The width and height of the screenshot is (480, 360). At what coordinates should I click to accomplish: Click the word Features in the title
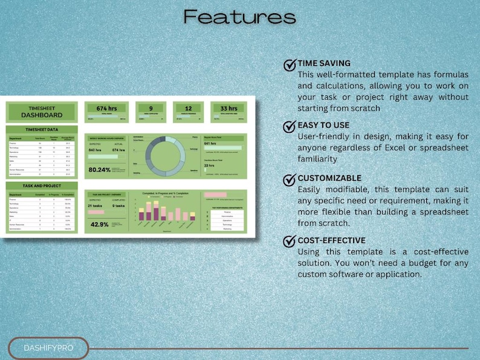coord(240,17)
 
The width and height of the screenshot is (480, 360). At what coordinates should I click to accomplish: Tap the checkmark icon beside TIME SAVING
coord(290,64)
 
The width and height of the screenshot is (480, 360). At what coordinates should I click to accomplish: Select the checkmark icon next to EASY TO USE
coord(290,126)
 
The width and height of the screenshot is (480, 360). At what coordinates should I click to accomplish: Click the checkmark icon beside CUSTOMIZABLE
coord(290,179)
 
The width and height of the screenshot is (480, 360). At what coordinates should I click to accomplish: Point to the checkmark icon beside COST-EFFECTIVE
coord(290,242)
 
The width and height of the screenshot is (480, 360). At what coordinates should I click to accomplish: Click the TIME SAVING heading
coord(324,63)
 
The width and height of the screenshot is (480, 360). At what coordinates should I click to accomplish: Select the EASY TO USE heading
coord(323,126)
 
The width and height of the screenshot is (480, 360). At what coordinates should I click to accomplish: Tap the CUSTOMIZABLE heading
coord(329,179)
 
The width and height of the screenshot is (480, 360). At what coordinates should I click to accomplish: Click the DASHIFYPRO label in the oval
coord(48,349)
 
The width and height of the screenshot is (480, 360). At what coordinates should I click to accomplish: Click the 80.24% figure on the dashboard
coord(99,170)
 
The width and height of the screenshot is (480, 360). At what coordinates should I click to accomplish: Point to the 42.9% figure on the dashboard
coord(99,224)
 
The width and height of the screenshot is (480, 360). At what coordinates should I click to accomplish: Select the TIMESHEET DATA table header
coord(41,129)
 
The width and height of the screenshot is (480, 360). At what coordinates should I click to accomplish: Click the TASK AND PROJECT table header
coord(41,187)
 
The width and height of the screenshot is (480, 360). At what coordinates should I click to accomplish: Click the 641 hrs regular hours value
coord(210,144)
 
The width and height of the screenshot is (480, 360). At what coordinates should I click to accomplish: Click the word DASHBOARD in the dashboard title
coord(41,115)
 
